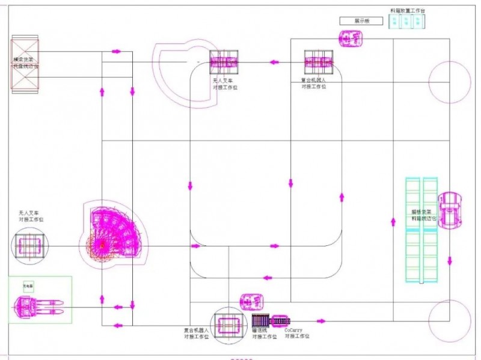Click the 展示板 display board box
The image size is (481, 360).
point(361,21)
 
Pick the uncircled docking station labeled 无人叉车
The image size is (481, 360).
point(224,62)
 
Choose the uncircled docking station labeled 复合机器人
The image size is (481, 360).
point(319,62)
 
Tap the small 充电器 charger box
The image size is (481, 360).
point(28,285)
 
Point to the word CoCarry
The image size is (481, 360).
point(293,330)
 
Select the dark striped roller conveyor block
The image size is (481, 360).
point(260,320)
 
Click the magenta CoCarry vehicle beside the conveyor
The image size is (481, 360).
point(280,320)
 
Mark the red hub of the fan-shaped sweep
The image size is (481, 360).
point(102,245)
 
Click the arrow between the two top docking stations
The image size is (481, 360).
point(274,61)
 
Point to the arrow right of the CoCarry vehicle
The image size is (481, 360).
point(313,320)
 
